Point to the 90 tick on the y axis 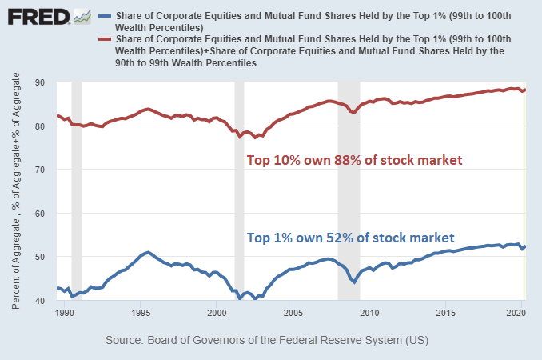pyautogui.click(x=39, y=82)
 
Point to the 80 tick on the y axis pyautogui.click(x=39, y=126)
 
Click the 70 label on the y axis pyautogui.click(x=39, y=170)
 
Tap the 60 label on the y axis pyautogui.click(x=39, y=214)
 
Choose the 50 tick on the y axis pyautogui.click(x=39, y=257)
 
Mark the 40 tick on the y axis pyautogui.click(x=39, y=301)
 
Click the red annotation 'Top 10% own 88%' pyautogui.click(x=354, y=161)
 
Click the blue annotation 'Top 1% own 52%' pyautogui.click(x=351, y=238)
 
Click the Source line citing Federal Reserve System pyautogui.click(x=271, y=342)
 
